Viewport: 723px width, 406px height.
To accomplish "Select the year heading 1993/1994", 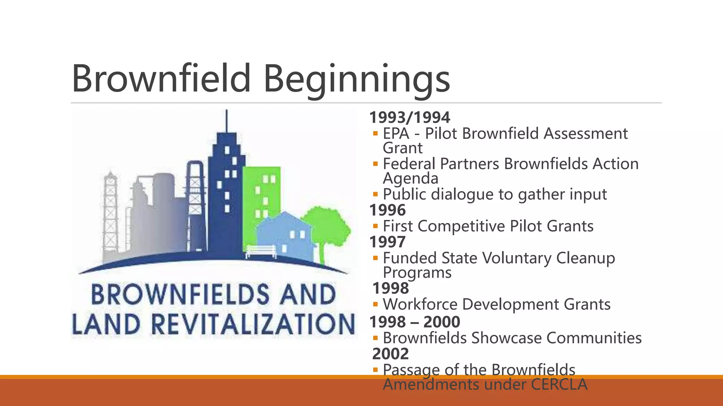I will pos(410,117).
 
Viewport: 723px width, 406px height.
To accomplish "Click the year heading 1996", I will pos(387,210).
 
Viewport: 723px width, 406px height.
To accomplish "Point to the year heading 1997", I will pos(387,242).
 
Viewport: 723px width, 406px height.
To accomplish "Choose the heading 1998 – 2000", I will pos(414,322).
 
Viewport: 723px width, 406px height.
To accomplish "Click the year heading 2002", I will pos(390,353).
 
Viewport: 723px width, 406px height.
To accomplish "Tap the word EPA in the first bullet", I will pos(396,134).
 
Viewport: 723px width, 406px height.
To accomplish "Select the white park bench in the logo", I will pos(261,251).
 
